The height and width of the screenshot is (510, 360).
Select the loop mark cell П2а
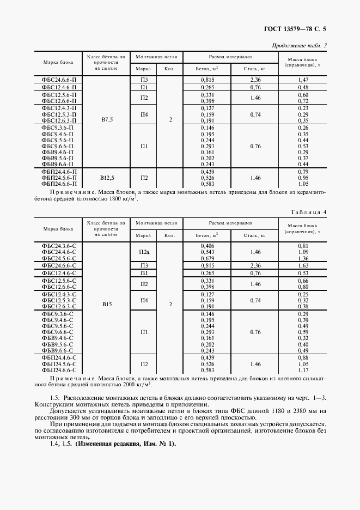tap(144, 252)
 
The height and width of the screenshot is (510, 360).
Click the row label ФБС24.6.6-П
tap(59, 80)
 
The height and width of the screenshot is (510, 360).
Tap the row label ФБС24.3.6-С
tap(59, 246)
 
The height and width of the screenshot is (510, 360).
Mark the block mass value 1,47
tap(303, 80)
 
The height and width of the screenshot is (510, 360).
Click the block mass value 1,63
tap(303, 265)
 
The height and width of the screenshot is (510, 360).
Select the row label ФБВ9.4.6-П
tap(59, 152)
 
